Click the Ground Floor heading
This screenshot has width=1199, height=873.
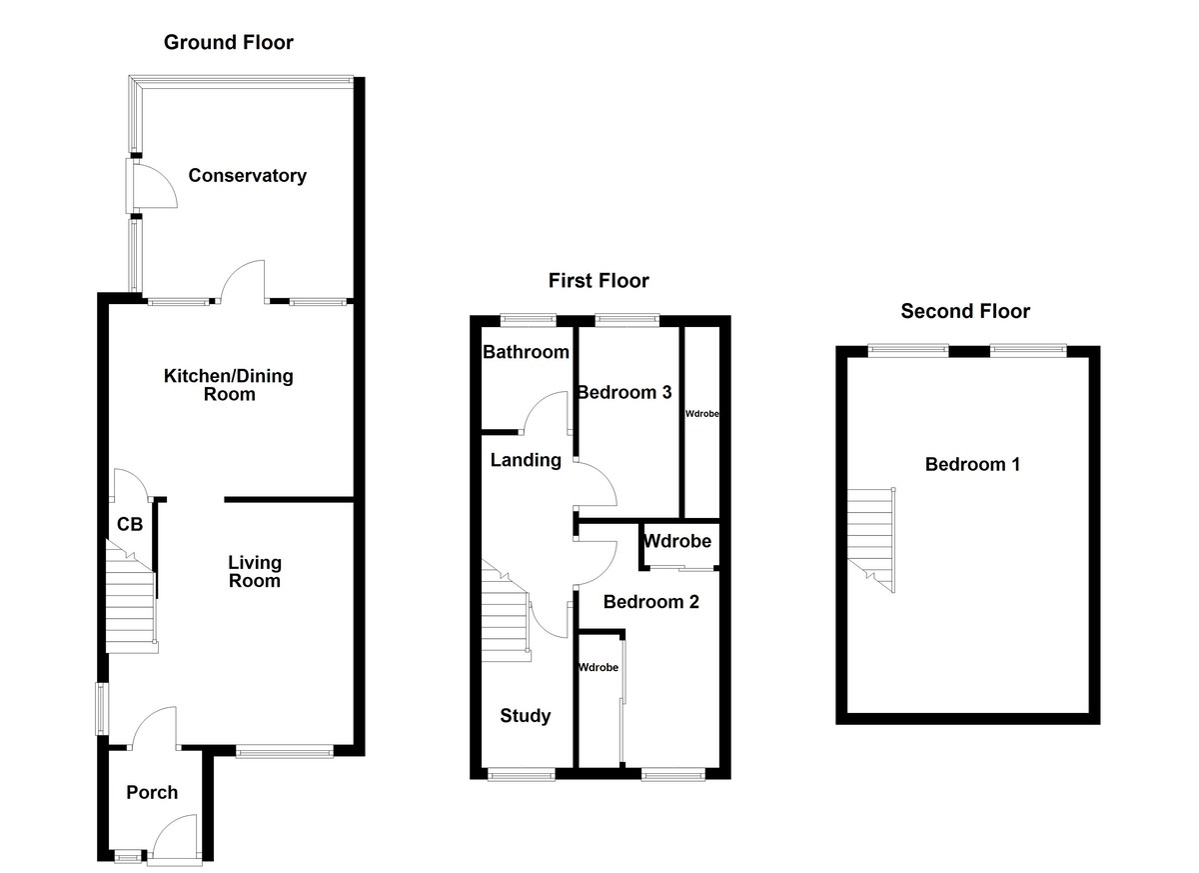click(x=228, y=42)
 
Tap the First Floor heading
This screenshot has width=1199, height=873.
click(x=598, y=281)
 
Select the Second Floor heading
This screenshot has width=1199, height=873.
click(x=964, y=311)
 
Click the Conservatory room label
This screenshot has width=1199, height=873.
click(x=247, y=176)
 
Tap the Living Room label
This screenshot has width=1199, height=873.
click(x=254, y=571)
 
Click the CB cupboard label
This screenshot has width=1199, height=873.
click(x=130, y=524)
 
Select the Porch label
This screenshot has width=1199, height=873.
click(x=152, y=793)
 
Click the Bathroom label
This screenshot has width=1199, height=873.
click(x=526, y=352)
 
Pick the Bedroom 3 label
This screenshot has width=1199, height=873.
click(x=623, y=392)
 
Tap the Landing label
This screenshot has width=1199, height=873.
click(x=525, y=460)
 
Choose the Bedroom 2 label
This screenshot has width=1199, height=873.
click(x=650, y=602)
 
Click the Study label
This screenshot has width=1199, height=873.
click(x=525, y=716)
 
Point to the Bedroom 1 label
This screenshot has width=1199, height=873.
click(x=971, y=464)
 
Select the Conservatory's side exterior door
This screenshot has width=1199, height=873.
click(x=150, y=186)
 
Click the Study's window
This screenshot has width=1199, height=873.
click(x=520, y=773)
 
